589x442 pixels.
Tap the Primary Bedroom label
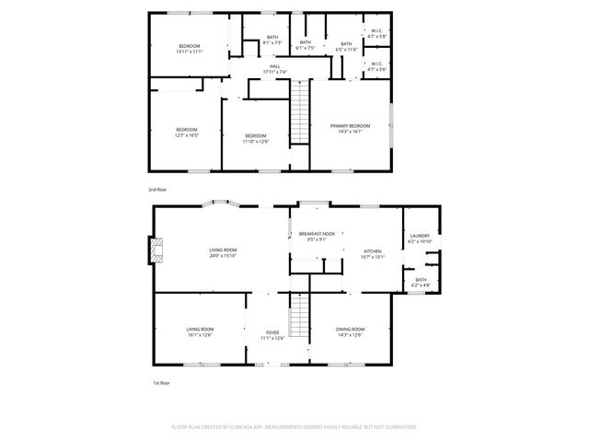[x=350, y=125]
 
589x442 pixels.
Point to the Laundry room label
[x=421, y=236]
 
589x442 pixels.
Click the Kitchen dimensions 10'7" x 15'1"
[x=374, y=257]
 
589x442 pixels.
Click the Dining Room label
[x=350, y=329]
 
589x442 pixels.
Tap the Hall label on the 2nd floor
[x=274, y=66]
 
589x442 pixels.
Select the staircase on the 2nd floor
[x=300, y=110]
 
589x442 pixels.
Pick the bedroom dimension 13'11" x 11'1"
[x=189, y=52]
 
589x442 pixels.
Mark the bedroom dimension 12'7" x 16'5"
[x=187, y=135]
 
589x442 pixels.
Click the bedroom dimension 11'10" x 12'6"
[x=256, y=141]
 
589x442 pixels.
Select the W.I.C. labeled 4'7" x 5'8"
[x=376, y=36]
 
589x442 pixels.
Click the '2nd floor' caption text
[x=157, y=189]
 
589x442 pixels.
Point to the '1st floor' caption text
[x=160, y=382]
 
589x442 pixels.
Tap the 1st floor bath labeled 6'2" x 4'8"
[x=421, y=284]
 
